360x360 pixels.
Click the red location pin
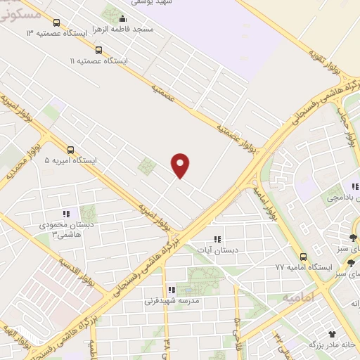click(181, 165)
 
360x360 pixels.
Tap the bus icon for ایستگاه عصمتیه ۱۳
click(56, 22)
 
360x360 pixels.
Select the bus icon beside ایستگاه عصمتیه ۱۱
click(98, 50)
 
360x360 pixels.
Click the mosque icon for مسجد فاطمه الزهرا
click(124, 19)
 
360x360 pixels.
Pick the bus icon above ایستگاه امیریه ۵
click(70, 149)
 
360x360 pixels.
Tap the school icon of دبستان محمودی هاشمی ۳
click(65, 214)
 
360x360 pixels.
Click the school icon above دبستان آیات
click(217, 239)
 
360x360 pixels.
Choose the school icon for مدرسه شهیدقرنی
click(171, 290)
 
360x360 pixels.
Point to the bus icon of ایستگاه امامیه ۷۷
click(303, 257)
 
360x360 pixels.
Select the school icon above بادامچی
click(354, 186)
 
